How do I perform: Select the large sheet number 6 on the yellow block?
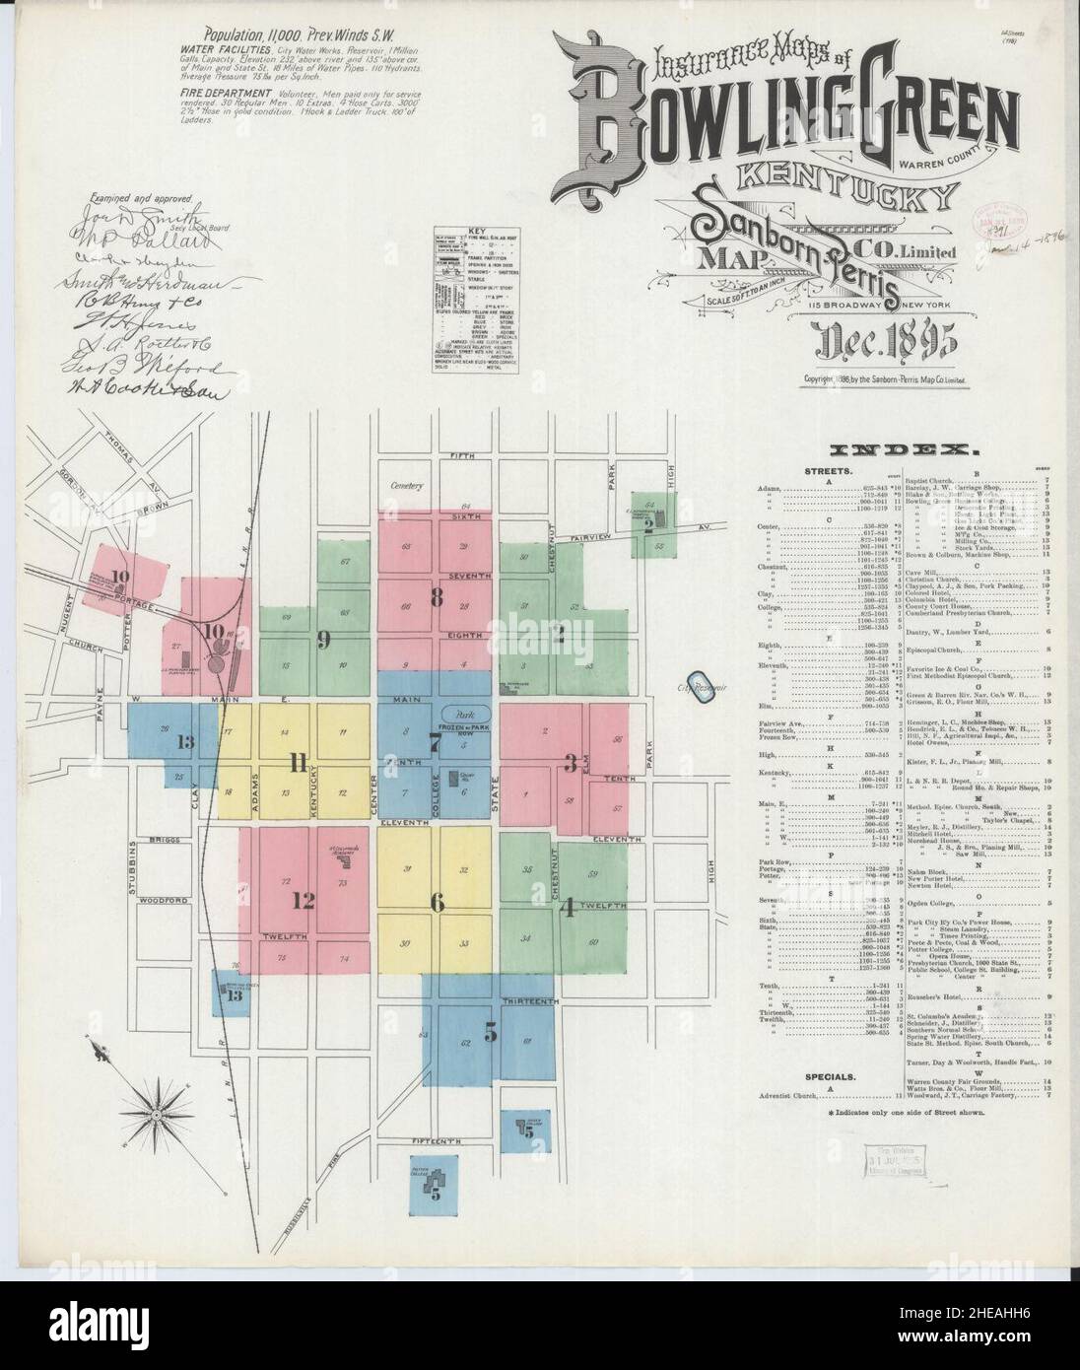click(437, 902)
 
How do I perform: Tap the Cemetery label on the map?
click(404, 486)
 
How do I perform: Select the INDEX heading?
click(903, 449)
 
